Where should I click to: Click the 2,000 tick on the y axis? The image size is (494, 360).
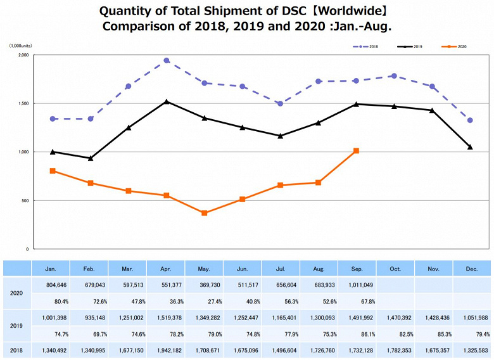pyautogui.click(x=23, y=55)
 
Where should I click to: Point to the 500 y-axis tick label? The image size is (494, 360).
pyautogui.click(x=25, y=200)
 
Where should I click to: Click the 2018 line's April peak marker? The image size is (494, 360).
pyautogui.click(x=166, y=60)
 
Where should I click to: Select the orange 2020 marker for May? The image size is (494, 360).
pyautogui.click(x=204, y=213)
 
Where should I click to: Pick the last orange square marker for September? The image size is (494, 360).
pyautogui.click(x=356, y=151)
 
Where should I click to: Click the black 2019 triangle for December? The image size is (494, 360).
pyautogui.click(x=470, y=147)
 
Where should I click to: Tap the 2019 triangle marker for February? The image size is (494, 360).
pyautogui.click(x=91, y=158)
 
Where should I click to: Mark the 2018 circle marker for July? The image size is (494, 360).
pyautogui.click(x=280, y=103)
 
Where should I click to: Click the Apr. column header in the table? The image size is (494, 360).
pyautogui.click(x=165, y=269)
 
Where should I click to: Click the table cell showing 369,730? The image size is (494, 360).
pyautogui.click(x=204, y=285)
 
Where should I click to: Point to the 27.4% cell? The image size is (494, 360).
pyautogui.click(x=204, y=302)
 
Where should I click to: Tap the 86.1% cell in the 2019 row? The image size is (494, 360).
pyautogui.click(x=356, y=334)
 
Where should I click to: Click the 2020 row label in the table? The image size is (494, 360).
pyautogui.click(x=16, y=293)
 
